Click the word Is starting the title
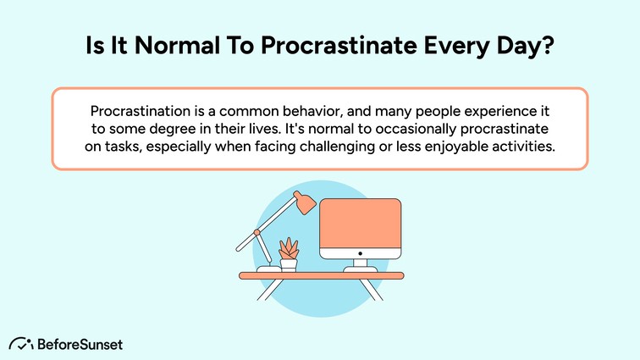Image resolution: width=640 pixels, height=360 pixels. pyautogui.click(x=95, y=45)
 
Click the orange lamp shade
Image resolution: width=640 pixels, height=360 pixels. pyautogui.click(x=304, y=202)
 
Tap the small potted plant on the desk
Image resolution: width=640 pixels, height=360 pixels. pyautogui.click(x=290, y=253)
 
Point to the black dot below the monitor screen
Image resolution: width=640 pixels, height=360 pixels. pyautogui.click(x=359, y=253)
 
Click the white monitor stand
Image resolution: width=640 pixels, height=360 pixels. pyautogui.click(x=360, y=265)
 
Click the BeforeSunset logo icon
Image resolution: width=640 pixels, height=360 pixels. pyautogui.click(x=21, y=344)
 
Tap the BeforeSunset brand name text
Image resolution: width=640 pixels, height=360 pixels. pyautogui.click(x=80, y=344)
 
